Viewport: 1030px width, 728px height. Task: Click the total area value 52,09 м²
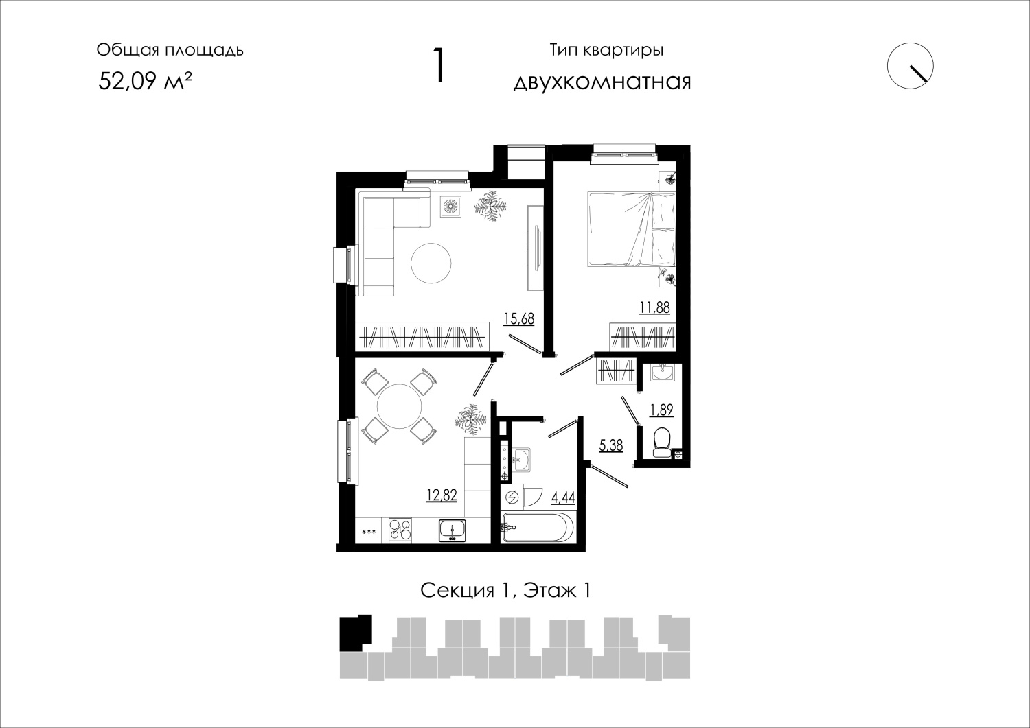[145, 82]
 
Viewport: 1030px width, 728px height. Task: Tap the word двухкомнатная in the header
[602, 82]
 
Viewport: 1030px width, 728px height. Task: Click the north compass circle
[910, 66]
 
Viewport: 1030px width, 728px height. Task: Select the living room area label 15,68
[519, 318]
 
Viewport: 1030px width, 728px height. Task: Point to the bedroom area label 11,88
[654, 307]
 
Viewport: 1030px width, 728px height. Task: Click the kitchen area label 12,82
[442, 495]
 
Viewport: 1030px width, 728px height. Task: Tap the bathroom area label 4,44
[563, 497]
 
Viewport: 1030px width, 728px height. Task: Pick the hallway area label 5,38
[611, 445]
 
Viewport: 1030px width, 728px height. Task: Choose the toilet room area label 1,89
[661, 410]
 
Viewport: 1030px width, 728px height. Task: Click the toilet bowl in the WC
[661, 443]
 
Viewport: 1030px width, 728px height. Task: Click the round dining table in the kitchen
[399, 406]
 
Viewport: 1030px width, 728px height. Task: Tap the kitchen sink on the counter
[453, 531]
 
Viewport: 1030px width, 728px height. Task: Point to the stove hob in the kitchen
[400, 530]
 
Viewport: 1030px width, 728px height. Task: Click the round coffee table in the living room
[431, 263]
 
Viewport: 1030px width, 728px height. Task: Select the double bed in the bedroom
[631, 229]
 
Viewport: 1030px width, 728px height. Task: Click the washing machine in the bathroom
[512, 497]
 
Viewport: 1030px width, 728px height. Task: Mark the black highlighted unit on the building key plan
[355, 633]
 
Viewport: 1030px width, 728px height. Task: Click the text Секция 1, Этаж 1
[505, 591]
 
